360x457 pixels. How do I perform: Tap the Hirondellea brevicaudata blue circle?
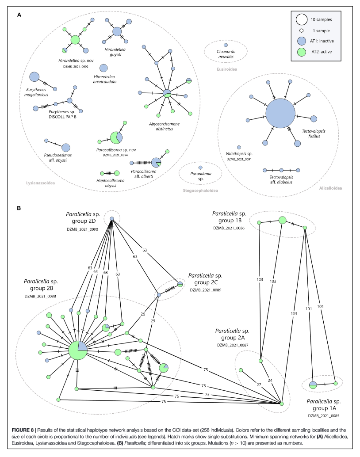[103, 68]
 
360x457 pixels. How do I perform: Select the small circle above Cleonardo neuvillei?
[226, 45]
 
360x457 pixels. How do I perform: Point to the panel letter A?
[19, 15]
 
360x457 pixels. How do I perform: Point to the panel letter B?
[19, 207]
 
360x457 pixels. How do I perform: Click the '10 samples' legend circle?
[302, 19]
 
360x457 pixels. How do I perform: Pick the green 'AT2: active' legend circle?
[302, 52]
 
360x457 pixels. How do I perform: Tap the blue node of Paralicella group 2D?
[112, 219]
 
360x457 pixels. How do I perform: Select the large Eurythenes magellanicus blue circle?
[34, 77]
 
